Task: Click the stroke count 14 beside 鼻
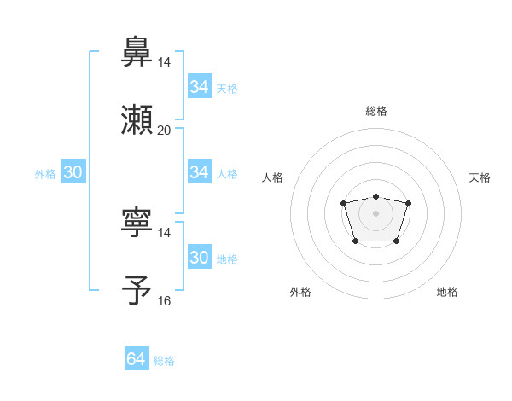pyautogui.click(x=165, y=61)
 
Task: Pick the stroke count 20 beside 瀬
pyautogui.click(x=165, y=130)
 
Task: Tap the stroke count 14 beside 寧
pyautogui.click(x=165, y=232)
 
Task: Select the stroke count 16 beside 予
pyautogui.click(x=165, y=300)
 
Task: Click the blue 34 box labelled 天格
pyautogui.click(x=200, y=87)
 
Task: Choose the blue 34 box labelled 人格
pyautogui.click(x=200, y=172)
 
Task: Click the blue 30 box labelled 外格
pyautogui.click(x=73, y=172)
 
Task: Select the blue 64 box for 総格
pyautogui.click(x=137, y=359)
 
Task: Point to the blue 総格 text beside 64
pyautogui.click(x=164, y=361)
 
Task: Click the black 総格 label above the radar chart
pyautogui.click(x=375, y=111)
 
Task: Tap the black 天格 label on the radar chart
pyautogui.click(x=480, y=177)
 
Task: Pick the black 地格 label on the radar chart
pyautogui.click(x=447, y=292)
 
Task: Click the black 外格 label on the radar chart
pyautogui.click(x=300, y=292)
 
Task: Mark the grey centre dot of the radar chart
pyautogui.click(x=375, y=212)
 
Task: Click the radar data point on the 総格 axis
pyautogui.click(x=375, y=197)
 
